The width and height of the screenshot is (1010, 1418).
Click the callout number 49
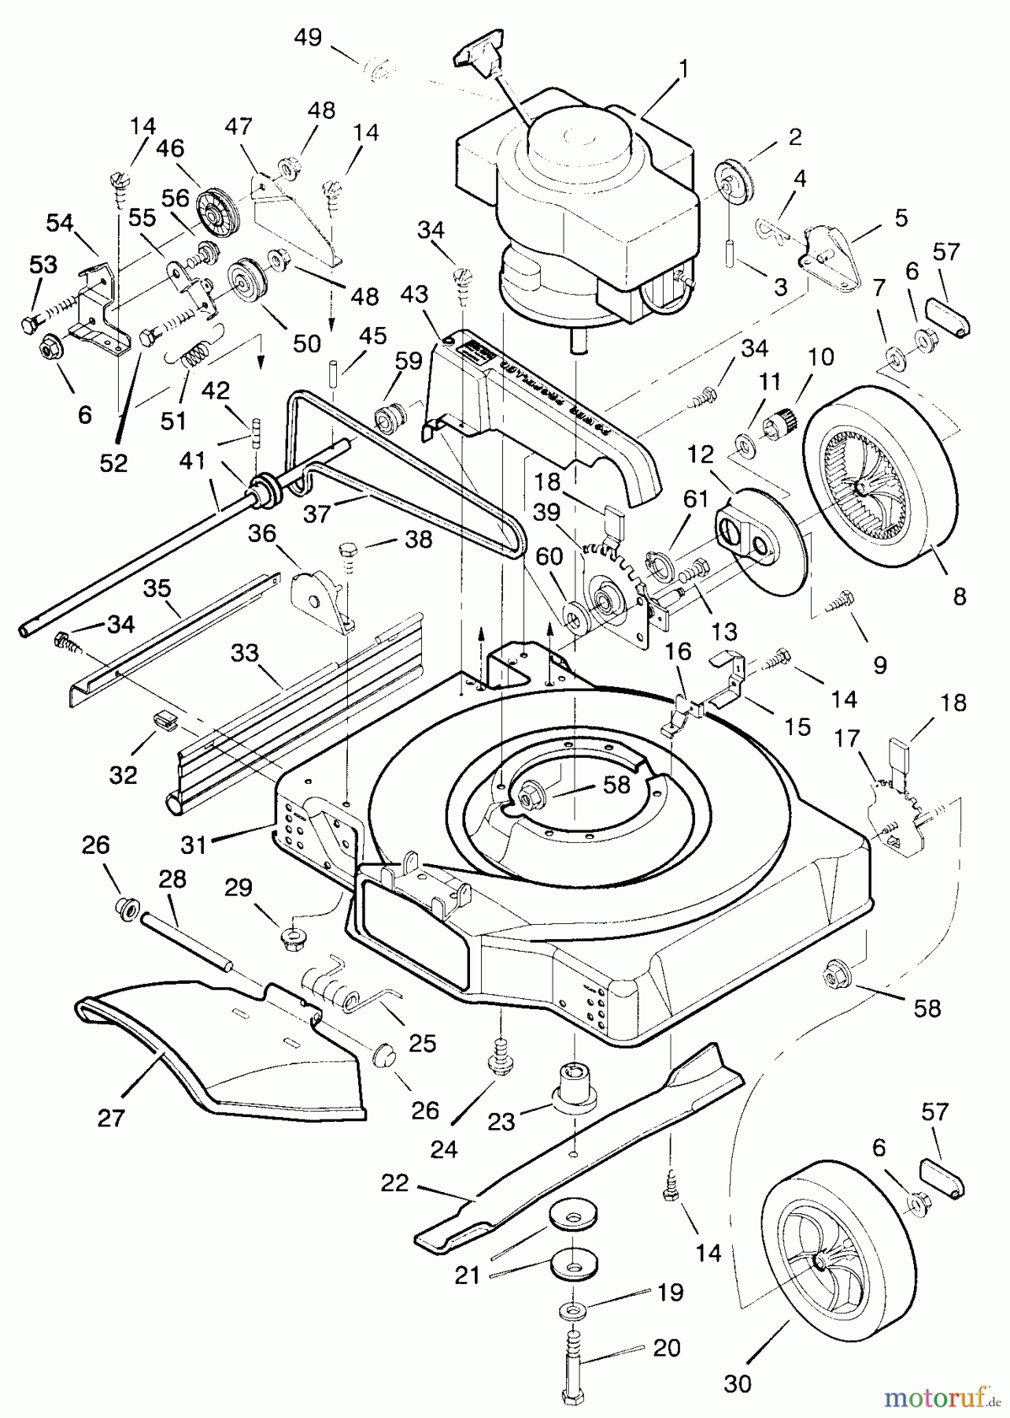(308, 38)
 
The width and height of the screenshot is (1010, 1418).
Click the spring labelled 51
(194, 355)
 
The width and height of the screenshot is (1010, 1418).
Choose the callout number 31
(194, 846)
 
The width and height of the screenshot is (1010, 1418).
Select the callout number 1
(683, 70)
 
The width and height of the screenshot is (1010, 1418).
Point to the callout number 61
(697, 499)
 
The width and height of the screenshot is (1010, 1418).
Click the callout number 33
(246, 653)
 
